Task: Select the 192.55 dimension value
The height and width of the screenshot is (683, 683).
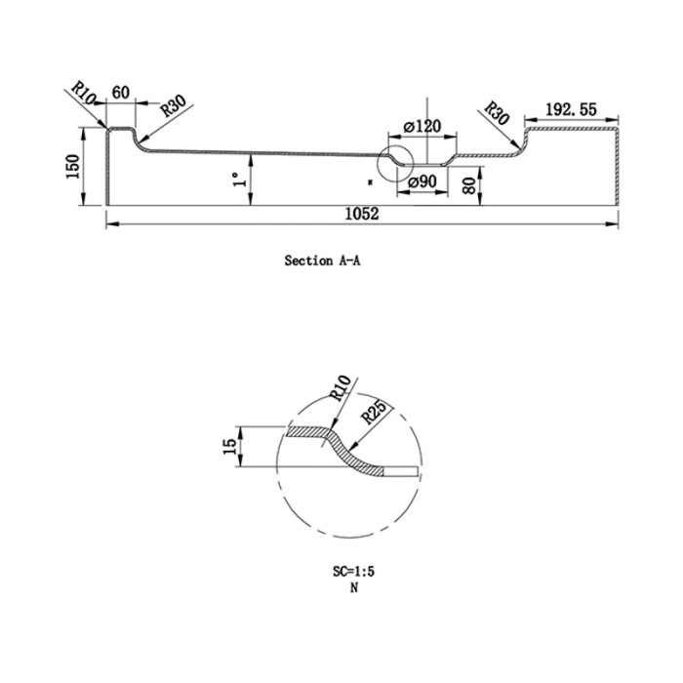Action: pos(571,110)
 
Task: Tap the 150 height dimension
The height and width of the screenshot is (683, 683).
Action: pos(71,168)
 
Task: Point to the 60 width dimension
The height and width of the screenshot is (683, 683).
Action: pos(121,92)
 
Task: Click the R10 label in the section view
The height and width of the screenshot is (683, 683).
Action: pos(85,97)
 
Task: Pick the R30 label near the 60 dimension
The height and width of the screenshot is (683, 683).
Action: pos(173,105)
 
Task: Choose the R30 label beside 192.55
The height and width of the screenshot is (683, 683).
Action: pos(497,115)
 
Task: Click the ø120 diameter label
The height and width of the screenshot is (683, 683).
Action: pos(422,126)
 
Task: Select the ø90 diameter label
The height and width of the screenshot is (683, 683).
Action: pos(422,181)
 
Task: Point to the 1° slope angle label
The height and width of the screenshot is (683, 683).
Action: pos(236,181)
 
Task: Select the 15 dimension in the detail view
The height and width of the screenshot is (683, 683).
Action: pos(228,449)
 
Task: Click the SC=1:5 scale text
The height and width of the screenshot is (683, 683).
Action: pos(348,575)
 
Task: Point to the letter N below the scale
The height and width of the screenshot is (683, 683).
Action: pos(349,589)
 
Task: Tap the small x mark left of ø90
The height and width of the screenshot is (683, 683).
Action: pos(371,181)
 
